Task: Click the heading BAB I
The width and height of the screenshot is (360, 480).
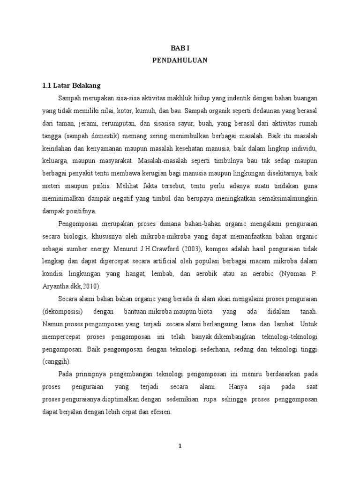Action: (180, 48)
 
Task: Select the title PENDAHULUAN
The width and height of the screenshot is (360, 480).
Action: (180, 60)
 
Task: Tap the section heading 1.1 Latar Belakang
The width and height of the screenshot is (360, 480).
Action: (72, 86)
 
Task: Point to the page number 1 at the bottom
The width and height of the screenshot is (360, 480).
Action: (180, 446)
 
